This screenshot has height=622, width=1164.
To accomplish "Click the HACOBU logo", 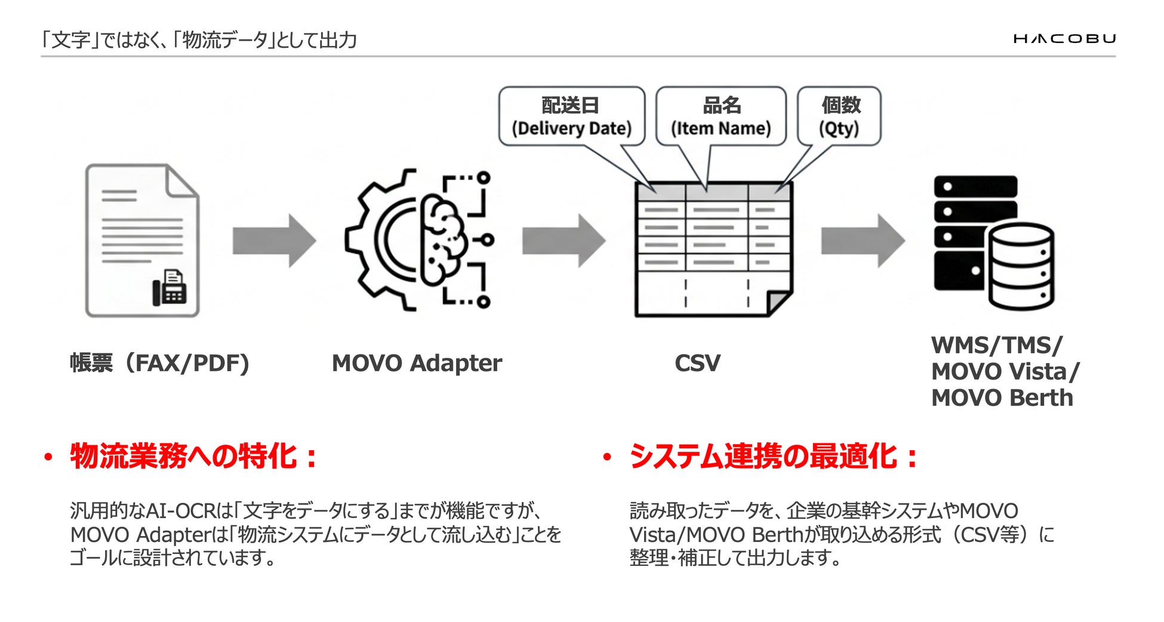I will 1064,39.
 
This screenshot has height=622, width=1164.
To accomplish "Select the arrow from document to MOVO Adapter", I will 274,241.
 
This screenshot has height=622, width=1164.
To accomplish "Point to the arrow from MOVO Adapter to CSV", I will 563,241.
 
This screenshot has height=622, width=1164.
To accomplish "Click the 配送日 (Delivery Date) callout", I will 571,116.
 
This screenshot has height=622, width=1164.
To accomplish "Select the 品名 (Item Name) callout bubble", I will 720,116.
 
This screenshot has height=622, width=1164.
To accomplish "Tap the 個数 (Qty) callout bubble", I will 839,116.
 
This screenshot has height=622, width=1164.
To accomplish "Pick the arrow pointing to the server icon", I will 863,241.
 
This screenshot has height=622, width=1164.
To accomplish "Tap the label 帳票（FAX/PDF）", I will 159,363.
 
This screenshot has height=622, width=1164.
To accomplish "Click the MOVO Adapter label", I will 417,363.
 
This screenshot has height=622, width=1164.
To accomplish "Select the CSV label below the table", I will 697,363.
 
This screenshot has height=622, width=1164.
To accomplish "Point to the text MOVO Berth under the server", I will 1002,398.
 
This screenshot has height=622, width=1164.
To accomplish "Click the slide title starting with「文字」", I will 199,40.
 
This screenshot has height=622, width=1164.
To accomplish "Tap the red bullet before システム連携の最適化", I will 607,458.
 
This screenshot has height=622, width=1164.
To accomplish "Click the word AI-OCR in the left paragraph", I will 180,511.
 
